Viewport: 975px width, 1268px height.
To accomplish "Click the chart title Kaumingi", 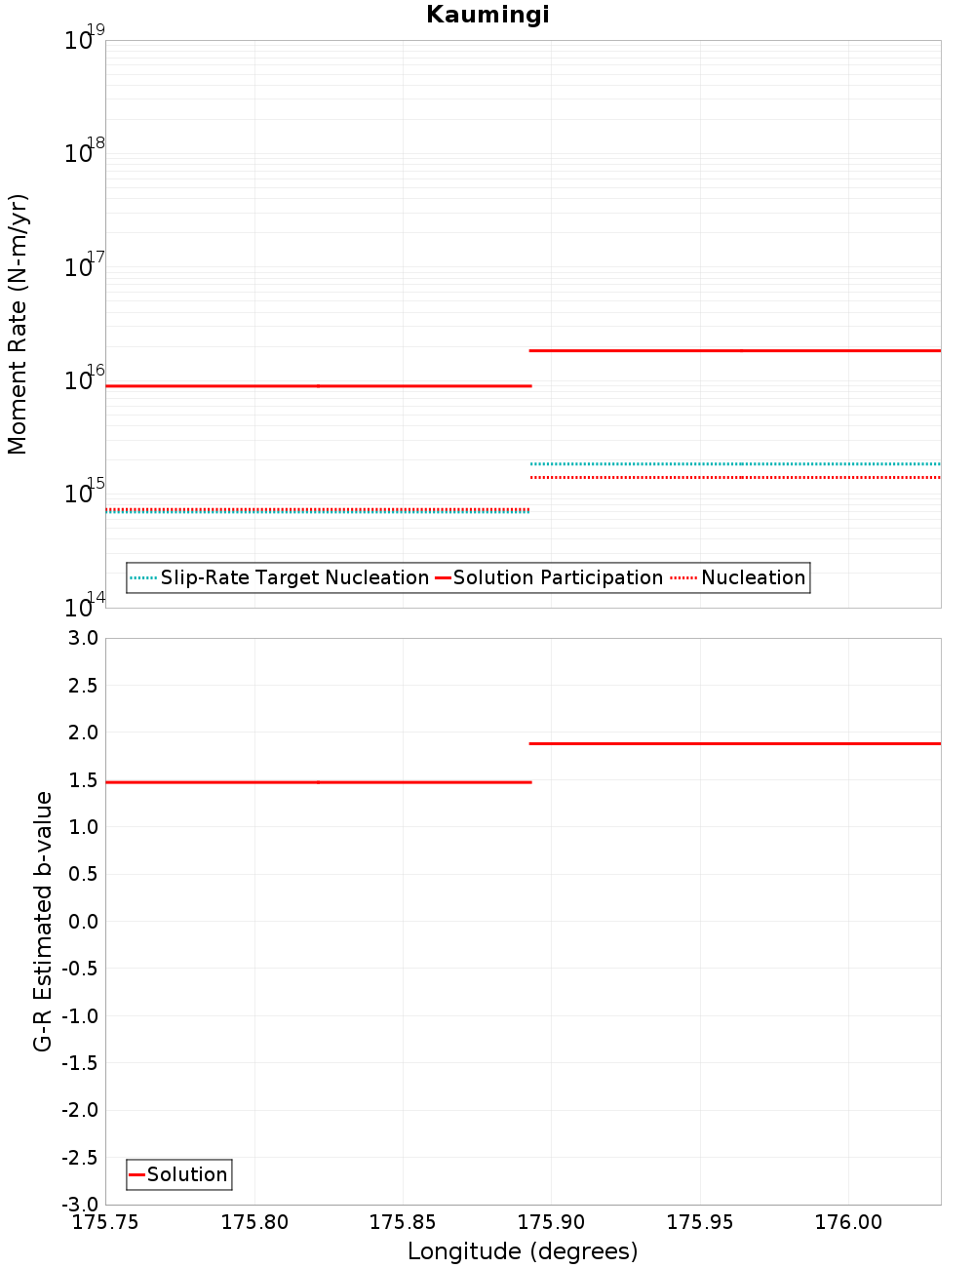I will point(487,15).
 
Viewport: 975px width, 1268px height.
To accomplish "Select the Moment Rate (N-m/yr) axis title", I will point(18,324).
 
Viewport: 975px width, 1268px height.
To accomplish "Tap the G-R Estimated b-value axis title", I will point(43,921).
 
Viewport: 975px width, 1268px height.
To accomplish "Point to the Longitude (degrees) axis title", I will point(523,1251).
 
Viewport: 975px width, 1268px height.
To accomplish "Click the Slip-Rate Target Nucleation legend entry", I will point(293,577).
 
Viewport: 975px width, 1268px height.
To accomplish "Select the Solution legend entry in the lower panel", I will point(186,1174).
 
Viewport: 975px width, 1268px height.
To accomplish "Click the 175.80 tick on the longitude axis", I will point(254,1222).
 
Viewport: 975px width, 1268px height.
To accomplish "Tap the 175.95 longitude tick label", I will point(699,1222).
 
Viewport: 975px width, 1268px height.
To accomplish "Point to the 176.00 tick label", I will point(848,1222).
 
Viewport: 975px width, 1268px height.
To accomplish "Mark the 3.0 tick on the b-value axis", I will point(79,638).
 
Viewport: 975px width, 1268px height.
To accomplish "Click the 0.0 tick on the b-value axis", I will point(79,921).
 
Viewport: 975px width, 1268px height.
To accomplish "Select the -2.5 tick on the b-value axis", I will point(77,1157).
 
